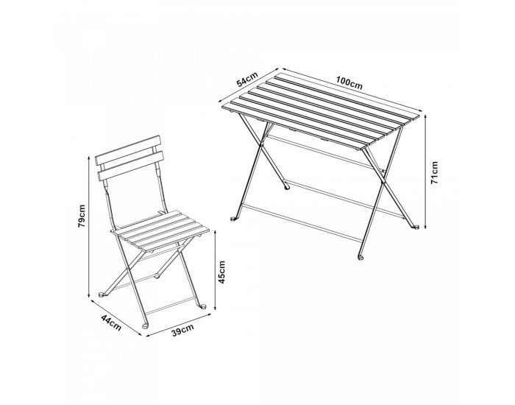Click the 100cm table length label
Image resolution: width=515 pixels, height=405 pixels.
(349, 83)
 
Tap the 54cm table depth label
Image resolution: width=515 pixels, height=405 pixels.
(248, 80)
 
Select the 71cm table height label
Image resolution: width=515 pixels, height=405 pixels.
(434, 172)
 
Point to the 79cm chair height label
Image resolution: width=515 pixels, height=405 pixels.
(82, 216)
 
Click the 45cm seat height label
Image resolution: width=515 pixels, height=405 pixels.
(222, 272)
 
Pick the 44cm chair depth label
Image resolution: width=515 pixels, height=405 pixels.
(111, 323)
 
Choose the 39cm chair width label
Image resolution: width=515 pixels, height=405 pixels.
(182, 330)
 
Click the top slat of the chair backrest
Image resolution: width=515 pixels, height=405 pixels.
(129, 150)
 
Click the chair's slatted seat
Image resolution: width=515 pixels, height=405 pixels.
(161, 230)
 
